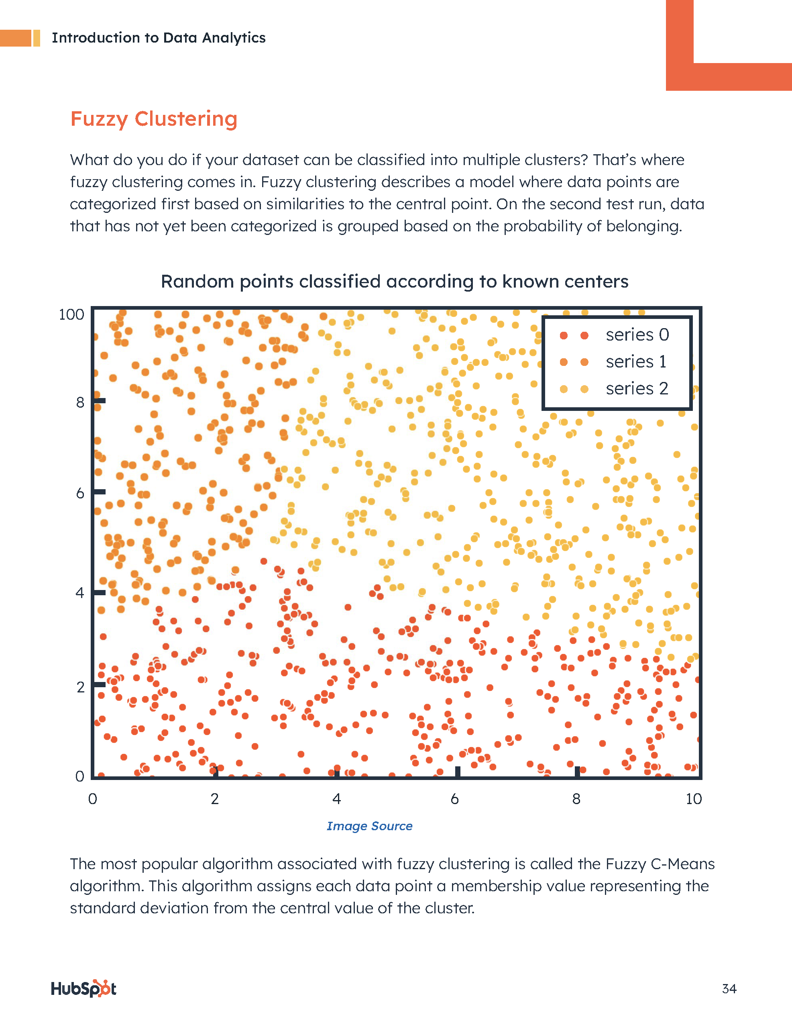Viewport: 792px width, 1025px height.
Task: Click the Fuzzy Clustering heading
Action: coord(153,119)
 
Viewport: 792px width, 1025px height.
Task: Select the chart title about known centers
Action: coord(394,282)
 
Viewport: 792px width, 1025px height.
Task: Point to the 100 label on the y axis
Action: coord(71,314)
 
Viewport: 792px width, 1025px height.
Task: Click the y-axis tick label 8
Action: coord(80,403)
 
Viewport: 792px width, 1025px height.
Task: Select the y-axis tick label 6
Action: coord(80,493)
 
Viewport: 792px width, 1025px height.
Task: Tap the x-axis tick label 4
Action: coord(336,799)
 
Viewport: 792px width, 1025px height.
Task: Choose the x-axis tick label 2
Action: coord(214,799)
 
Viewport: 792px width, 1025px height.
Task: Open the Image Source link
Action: coord(369,826)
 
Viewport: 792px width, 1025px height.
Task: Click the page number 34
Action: coord(729,989)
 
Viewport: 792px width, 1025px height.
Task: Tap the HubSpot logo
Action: coord(83,988)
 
